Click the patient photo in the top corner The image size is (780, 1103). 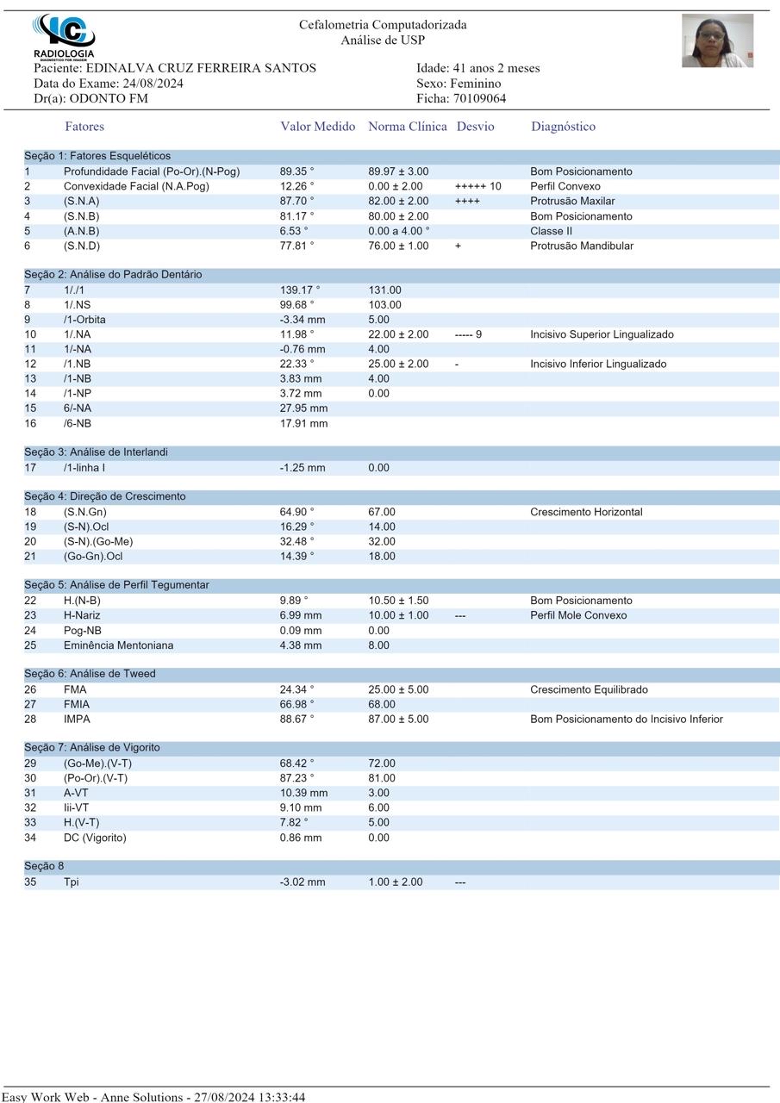(x=717, y=41)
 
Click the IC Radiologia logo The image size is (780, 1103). (x=64, y=36)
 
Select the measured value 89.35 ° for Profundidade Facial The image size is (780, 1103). (x=296, y=171)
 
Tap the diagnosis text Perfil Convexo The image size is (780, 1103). (x=565, y=186)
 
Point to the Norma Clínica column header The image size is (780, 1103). (x=407, y=127)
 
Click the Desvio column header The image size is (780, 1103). (x=475, y=127)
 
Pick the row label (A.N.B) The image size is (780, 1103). (x=81, y=231)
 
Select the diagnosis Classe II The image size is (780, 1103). (x=551, y=231)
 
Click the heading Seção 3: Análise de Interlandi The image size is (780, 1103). (x=96, y=452)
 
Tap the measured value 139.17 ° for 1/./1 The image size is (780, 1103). (x=299, y=290)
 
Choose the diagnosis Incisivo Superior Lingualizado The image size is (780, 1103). (x=602, y=334)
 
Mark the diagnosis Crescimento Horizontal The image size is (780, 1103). (x=586, y=512)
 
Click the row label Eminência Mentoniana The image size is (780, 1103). (x=118, y=645)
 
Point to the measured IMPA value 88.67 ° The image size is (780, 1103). (x=296, y=719)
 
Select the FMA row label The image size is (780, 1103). (x=75, y=689)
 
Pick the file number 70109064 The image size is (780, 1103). (x=479, y=98)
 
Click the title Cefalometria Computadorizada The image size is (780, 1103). (x=383, y=25)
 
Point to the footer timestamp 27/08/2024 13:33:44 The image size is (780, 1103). (x=250, y=1097)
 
